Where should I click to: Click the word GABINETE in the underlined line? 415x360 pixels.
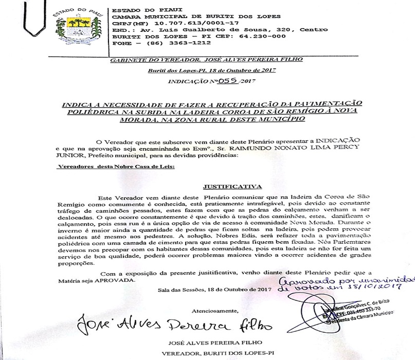click(128, 60)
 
